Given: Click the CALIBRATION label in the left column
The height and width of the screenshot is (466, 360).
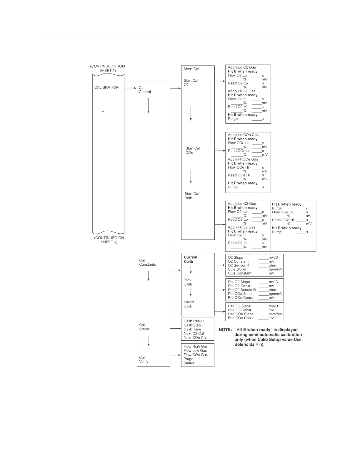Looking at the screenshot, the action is click(106, 87).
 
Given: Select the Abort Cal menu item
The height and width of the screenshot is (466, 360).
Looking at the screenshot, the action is click(191, 69).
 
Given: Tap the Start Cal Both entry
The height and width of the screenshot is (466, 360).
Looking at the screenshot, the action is click(191, 196).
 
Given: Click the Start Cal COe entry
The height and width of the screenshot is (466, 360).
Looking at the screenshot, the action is click(192, 150).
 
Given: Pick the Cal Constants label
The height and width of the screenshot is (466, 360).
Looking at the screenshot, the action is click(147, 262).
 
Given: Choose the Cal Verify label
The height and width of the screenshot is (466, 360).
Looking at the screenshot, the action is click(144, 360).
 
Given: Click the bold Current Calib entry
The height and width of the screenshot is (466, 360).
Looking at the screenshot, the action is click(190, 259).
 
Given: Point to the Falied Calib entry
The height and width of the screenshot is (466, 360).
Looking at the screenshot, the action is click(189, 304).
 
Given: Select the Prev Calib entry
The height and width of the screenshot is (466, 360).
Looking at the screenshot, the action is click(188, 282).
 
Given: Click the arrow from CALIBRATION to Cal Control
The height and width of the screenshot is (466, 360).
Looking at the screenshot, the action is click(131, 88).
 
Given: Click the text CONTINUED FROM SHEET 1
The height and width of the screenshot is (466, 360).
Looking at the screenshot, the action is click(107, 68).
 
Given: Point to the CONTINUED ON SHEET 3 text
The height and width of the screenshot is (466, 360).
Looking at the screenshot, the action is click(109, 240).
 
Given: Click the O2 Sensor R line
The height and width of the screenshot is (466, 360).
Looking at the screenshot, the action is click(239, 265).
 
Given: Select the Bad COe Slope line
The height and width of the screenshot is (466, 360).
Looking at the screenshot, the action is click(241, 314).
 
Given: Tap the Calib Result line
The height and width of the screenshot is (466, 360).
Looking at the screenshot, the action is click(194, 321).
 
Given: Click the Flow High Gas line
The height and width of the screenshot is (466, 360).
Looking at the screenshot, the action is click(195, 347).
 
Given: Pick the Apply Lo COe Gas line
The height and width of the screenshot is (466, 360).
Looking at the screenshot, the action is click(243, 135).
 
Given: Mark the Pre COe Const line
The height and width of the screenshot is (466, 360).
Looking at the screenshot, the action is click(240, 298).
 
